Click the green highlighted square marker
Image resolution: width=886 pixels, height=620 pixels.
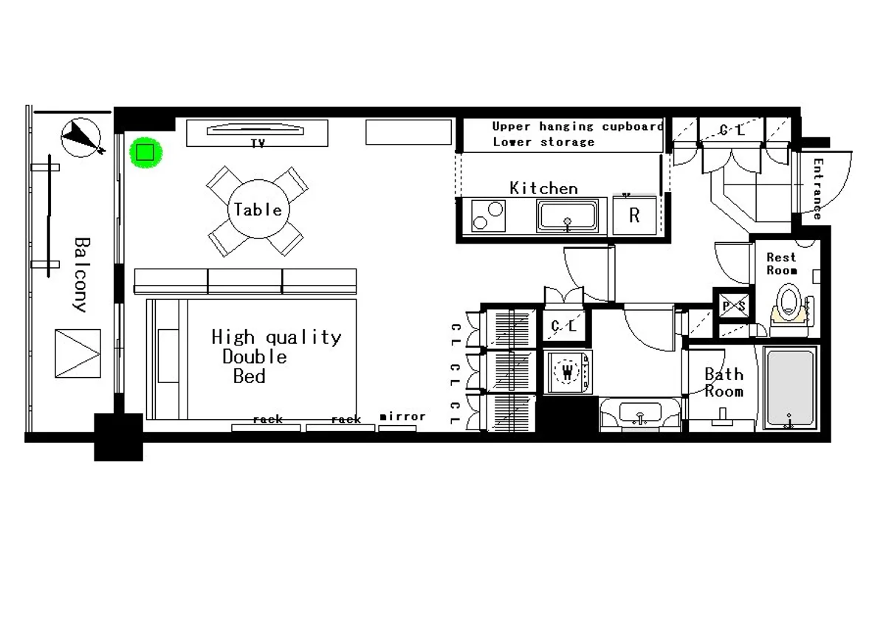pos(145,153)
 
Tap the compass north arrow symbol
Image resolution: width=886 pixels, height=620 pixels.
pos(81,137)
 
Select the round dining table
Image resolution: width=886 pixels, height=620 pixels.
pos(258,209)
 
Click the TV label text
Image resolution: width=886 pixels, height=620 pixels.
pos(258,143)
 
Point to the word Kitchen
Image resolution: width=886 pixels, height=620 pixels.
pos(544,188)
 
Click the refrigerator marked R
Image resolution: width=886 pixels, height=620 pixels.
pos(634,215)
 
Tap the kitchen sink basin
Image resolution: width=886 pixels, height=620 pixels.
pos(568,216)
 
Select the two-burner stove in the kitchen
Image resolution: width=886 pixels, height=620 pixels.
pos(488,216)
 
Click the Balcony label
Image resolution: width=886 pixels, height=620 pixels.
pos(82,275)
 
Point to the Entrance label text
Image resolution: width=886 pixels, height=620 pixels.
pos(818,189)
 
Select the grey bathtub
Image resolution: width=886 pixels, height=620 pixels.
pos(791,388)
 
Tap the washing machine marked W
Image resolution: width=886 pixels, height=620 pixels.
pos(568,372)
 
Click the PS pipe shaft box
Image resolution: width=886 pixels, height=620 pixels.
pos(734,306)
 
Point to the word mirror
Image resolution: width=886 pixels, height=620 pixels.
pos(402,416)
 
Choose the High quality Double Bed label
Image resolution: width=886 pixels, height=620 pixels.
pos(275,356)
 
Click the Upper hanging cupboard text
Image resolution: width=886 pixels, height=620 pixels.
pos(577,126)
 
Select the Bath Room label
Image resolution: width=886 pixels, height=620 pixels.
pos(724,382)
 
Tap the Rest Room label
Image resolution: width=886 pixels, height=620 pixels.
pos(782,263)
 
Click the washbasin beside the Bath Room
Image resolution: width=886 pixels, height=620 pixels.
pos(640,414)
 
